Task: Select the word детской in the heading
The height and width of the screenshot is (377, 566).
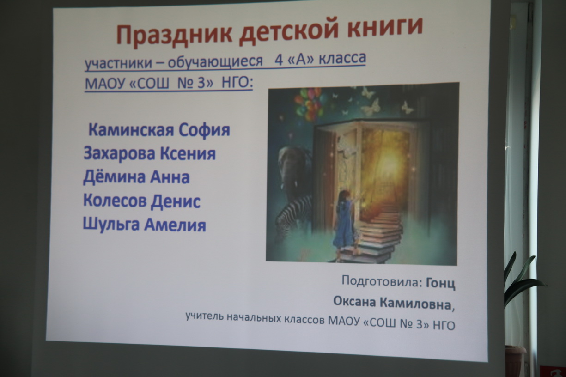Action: pyautogui.click(x=289, y=32)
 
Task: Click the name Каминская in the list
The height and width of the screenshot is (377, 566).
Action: pyautogui.click(x=131, y=130)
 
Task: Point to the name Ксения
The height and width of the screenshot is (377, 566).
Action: pyautogui.click(x=188, y=153)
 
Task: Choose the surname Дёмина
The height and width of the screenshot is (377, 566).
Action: pyautogui.click(x=114, y=177)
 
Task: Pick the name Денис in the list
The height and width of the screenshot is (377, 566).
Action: pyautogui.click(x=176, y=201)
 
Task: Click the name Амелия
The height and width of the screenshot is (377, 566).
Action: pyautogui.click(x=175, y=225)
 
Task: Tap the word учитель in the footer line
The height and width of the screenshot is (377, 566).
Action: pyautogui.click(x=204, y=316)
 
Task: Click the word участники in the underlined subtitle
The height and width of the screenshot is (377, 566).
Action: pyautogui.click(x=118, y=63)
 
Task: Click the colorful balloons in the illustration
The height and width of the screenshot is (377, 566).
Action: pyautogui.click(x=308, y=103)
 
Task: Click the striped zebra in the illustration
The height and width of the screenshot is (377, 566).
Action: pyautogui.click(x=293, y=215)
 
